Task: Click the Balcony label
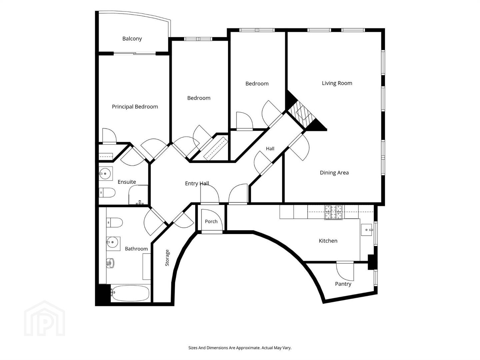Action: click(x=132, y=39)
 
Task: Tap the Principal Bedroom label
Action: click(x=135, y=107)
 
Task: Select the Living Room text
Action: click(x=337, y=83)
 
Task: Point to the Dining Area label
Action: click(x=334, y=173)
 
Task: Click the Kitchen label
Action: click(x=328, y=241)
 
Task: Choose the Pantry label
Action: click(x=343, y=284)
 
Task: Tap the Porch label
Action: click(x=211, y=221)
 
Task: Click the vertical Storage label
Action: click(x=167, y=258)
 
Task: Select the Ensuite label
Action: click(x=127, y=182)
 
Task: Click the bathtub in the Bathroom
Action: click(x=130, y=293)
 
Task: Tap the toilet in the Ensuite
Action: click(x=107, y=193)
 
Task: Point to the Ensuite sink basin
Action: click(x=106, y=174)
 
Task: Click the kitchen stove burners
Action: click(x=333, y=212)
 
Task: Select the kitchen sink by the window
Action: click(x=367, y=230)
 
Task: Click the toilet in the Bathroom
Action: click(x=114, y=223)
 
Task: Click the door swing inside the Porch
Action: click(x=212, y=219)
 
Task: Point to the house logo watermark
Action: click(x=45, y=318)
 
